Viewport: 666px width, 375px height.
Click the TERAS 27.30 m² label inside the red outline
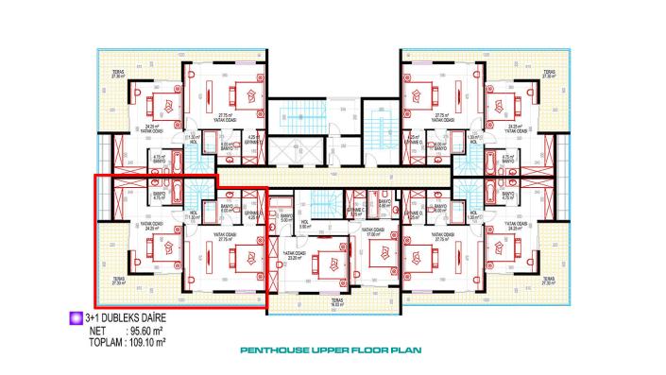(119, 280)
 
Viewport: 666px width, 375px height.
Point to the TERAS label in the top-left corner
(118, 75)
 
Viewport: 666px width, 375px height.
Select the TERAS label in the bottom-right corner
(550, 280)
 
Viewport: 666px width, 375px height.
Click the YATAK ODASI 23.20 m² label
(294, 256)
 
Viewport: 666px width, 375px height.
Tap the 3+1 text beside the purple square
(92, 319)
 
